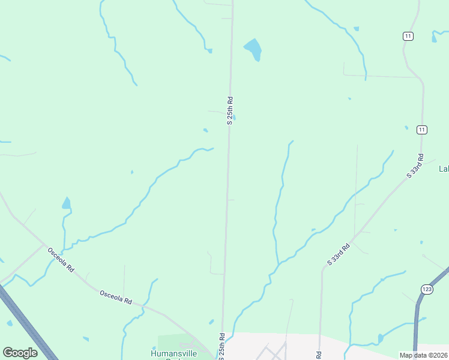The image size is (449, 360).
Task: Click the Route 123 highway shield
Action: (x=427, y=289)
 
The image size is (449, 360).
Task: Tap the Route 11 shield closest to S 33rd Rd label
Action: (x=422, y=130)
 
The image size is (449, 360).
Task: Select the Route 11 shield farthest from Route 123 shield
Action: (x=408, y=37)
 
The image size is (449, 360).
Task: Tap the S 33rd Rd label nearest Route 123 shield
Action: (x=339, y=254)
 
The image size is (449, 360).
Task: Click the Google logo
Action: (x=20, y=353)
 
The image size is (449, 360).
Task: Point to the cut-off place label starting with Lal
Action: (x=444, y=169)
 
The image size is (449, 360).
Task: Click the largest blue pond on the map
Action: (x=253, y=50)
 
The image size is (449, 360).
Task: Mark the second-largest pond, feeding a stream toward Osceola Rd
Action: (x=66, y=203)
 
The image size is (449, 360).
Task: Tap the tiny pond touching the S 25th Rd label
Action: (x=234, y=118)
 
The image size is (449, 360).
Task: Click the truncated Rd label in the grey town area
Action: (x=319, y=355)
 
